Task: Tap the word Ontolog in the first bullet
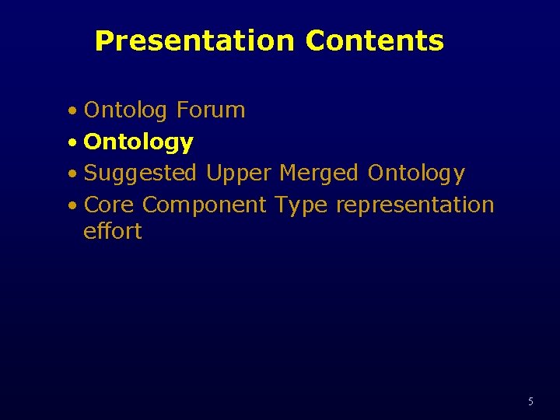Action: pos(125,111)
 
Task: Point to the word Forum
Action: pos(210,110)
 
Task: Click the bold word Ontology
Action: pos(138,143)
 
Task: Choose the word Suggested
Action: pos(140,174)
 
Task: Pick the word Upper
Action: pos(239,174)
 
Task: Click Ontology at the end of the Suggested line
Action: pos(416,174)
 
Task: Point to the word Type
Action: pos(301,206)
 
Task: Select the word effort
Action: pos(113,231)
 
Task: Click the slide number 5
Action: pos(530,402)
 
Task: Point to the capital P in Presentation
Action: pos(103,41)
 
